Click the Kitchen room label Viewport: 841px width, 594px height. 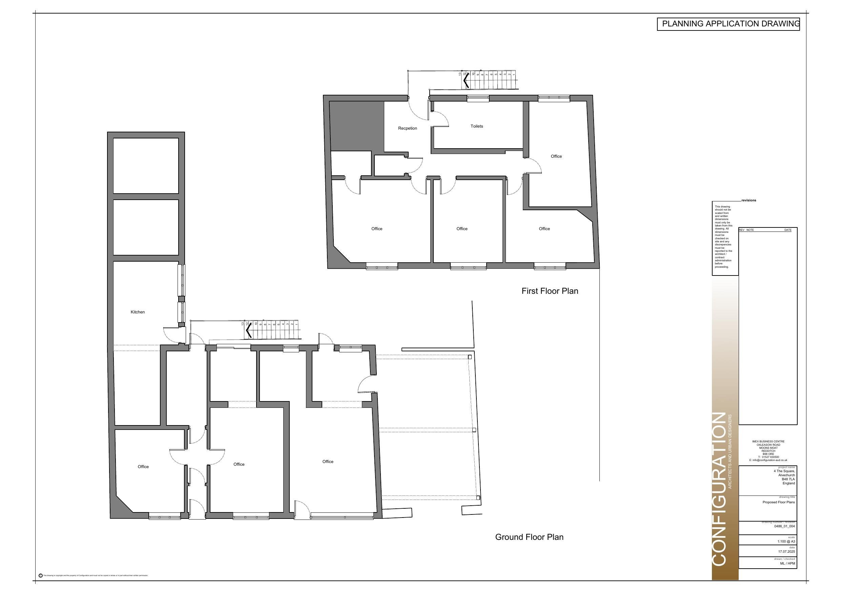[138, 312]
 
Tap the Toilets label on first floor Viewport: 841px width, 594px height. [476, 126]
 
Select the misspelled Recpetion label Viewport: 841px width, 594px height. [407, 128]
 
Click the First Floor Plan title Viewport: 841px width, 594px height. [550, 291]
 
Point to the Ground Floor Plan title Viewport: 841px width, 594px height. [529, 537]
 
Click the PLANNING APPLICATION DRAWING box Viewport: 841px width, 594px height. [728, 24]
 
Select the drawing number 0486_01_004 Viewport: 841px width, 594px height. [784, 526]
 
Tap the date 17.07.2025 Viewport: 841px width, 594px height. [786, 552]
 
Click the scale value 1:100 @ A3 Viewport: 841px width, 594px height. [786, 541]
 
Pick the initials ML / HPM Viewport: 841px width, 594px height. [787, 563]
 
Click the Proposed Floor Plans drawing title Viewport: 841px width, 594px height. [778, 502]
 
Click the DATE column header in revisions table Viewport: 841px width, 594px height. [787, 230]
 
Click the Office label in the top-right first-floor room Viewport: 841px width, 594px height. [556, 156]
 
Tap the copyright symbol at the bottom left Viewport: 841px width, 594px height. [40, 575]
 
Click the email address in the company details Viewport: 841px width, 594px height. [768, 460]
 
